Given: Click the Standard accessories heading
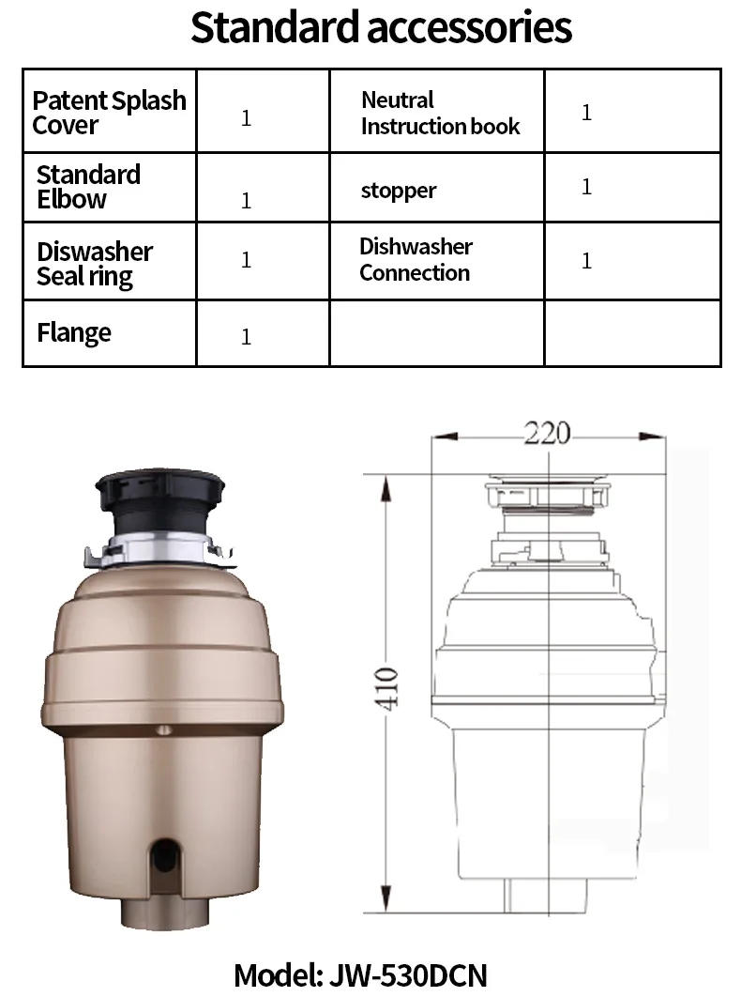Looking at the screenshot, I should [381, 29].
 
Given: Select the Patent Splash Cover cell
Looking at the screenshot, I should [109, 113].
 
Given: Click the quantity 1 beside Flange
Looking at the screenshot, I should [246, 336].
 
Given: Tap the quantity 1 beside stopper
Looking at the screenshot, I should [586, 187].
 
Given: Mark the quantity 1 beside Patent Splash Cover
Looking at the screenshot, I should [246, 118].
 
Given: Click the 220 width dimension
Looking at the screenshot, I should [547, 433].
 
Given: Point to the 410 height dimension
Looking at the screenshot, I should [389, 687].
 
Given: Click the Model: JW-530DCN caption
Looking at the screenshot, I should [360, 974].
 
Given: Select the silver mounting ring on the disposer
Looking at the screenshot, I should [159, 549].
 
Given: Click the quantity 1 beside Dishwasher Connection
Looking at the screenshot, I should [586, 260].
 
